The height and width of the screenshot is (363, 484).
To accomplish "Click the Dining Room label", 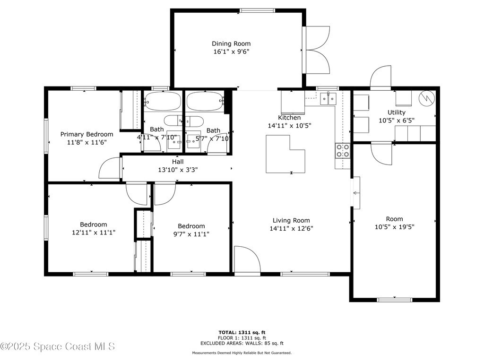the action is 231,43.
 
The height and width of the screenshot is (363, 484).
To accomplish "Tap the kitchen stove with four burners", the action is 343,151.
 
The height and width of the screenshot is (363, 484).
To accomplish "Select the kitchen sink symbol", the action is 328,98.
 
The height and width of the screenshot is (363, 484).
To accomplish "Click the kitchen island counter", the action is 285,154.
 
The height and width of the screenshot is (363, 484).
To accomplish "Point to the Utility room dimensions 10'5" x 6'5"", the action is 397,121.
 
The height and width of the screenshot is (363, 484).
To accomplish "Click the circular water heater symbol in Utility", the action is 427,98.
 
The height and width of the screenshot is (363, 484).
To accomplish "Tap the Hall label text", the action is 178,162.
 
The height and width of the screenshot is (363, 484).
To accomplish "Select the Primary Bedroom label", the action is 86,134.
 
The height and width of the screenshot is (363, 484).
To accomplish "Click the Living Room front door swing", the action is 247,259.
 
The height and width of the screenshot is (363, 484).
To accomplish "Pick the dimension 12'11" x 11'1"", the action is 94,233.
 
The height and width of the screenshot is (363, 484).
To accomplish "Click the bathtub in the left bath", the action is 163,101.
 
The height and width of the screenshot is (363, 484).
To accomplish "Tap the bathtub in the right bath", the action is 205,101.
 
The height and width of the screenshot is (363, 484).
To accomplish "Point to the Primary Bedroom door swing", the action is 109,168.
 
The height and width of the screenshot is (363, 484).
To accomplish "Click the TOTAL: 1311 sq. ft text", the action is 242,332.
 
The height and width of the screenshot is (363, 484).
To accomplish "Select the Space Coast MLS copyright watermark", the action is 58,346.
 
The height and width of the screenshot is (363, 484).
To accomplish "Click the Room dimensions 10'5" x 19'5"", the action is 395,227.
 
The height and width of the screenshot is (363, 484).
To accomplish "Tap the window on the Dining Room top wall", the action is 257,10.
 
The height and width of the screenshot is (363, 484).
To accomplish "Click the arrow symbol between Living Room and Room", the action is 356,193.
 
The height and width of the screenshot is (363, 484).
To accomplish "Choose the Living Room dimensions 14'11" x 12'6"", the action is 291,228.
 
